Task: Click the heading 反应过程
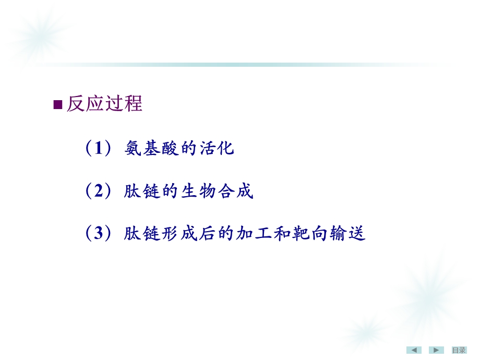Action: coord(104,104)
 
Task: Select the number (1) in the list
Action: coord(98,149)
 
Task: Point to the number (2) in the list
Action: coord(98,191)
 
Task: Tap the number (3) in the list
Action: coord(98,234)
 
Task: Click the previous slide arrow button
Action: coord(414,350)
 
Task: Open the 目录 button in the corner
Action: coord(459,350)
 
